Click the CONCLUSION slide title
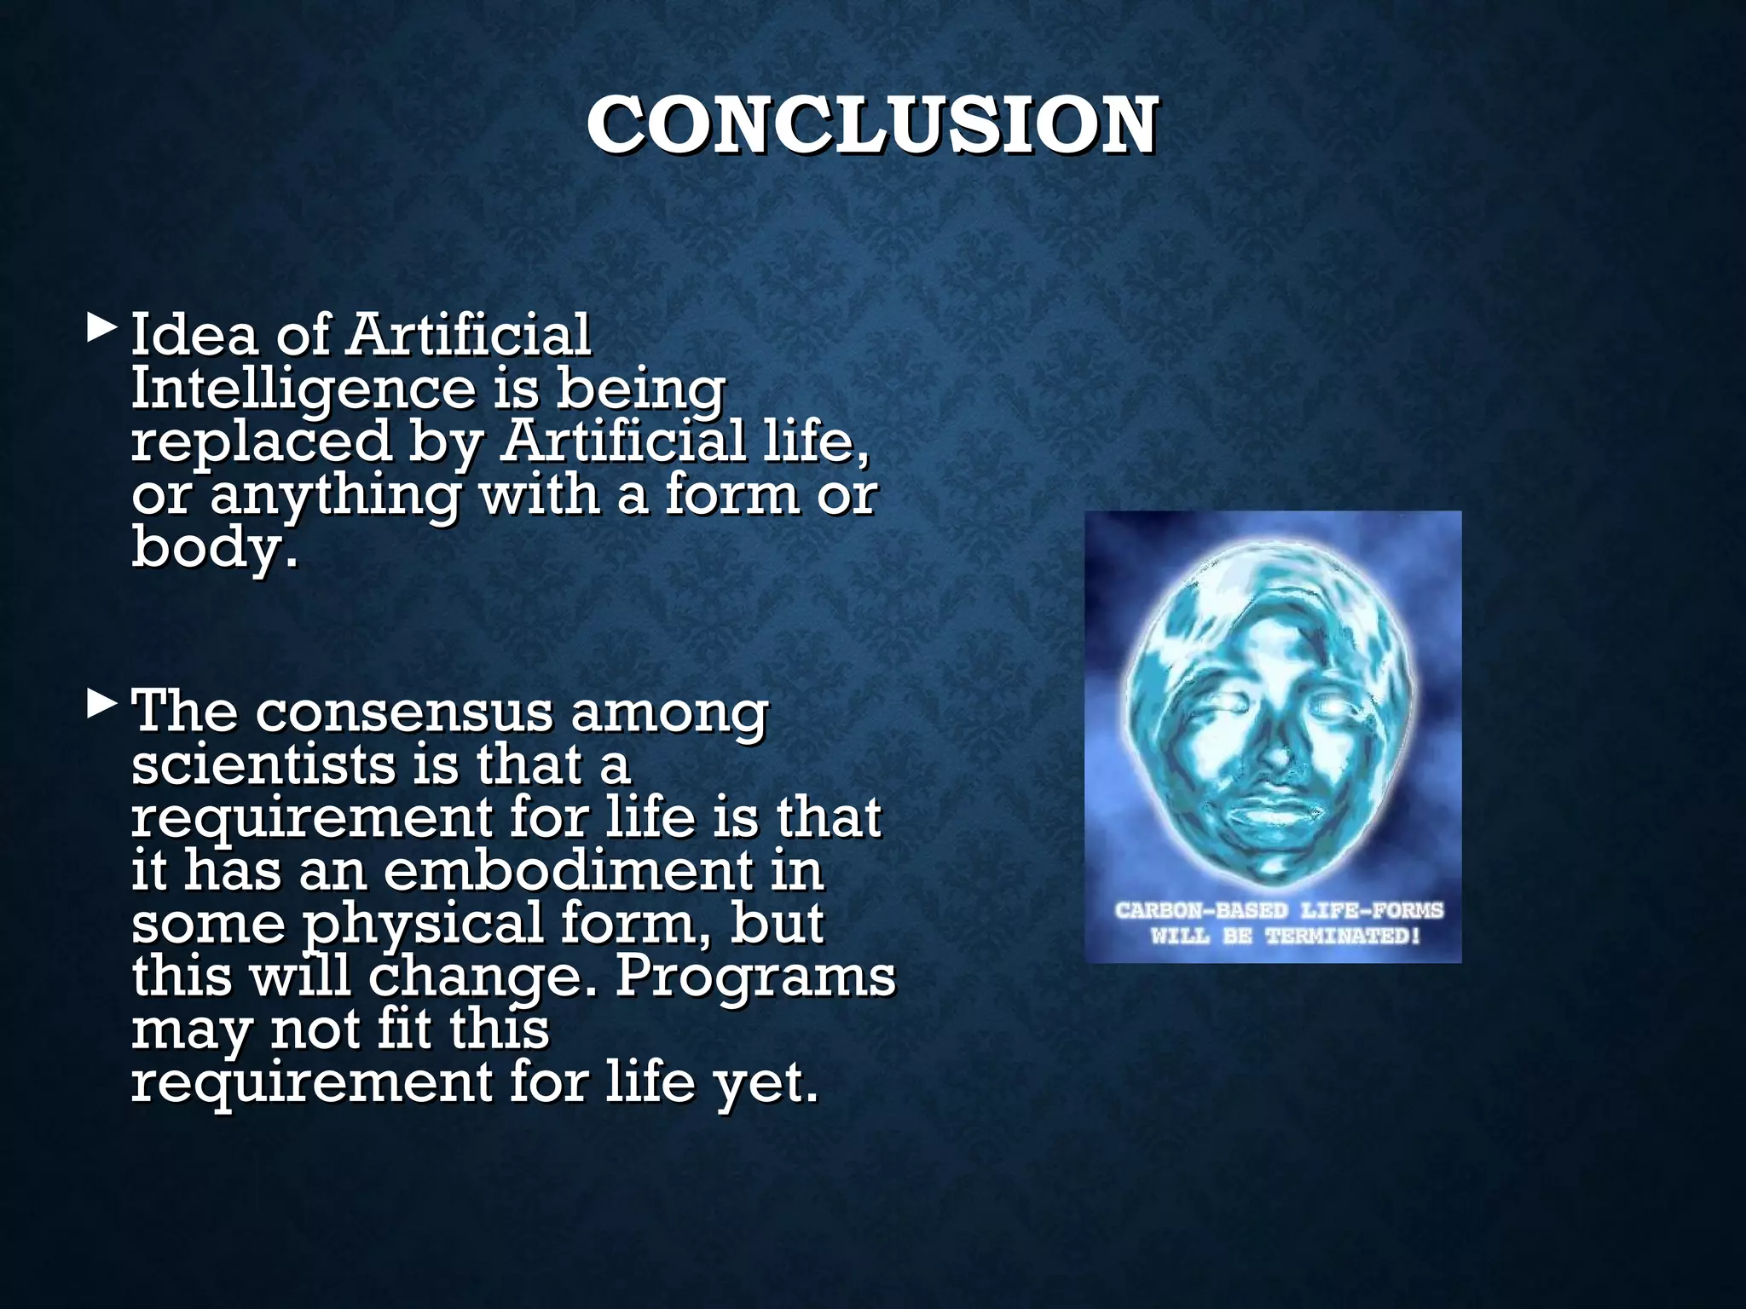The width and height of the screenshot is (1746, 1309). [871, 126]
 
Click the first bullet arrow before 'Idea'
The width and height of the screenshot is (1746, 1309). [102, 329]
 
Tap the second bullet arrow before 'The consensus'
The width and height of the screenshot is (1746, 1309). [102, 705]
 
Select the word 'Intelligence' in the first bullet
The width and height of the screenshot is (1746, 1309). [303, 389]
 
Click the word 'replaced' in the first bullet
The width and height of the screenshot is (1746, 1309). [261, 441]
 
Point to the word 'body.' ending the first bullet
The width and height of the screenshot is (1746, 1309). [215, 548]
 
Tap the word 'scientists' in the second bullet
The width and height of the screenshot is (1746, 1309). [263, 764]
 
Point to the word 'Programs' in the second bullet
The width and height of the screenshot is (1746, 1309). [755, 977]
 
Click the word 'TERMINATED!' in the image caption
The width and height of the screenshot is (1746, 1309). [1343, 937]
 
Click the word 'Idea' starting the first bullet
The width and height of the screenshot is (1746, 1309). [194, 335]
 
